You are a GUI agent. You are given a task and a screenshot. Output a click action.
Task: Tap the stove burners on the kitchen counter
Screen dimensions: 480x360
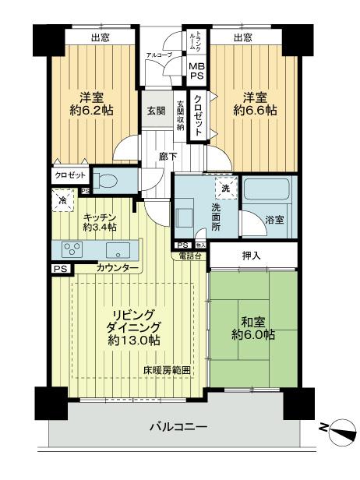[x=72, y=251]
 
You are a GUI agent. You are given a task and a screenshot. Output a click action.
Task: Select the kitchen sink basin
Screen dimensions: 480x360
[x=118, y=251]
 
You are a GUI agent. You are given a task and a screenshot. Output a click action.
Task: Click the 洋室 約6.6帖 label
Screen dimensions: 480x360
[x=252, y=104]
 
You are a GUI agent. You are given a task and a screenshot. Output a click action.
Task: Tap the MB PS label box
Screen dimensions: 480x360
[x=196, y=72]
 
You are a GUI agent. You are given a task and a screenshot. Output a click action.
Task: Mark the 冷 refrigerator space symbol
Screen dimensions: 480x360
[x=62, y=200]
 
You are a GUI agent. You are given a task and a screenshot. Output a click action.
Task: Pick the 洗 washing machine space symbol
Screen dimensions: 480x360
[x=224, y=188]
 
